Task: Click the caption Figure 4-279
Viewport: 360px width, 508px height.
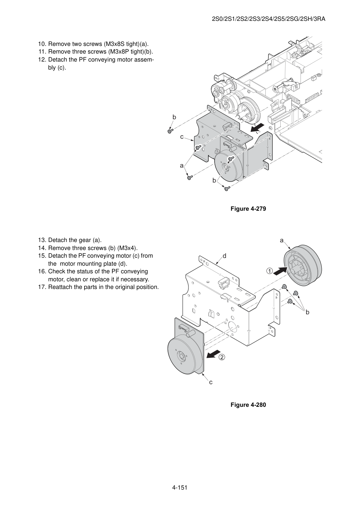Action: coord(248,209)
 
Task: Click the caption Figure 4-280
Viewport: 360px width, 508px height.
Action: coord(248,405)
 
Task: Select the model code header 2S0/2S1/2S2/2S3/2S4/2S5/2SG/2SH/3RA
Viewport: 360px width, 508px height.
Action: coord(269,19)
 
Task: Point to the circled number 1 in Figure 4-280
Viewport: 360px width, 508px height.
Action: coord(270,271)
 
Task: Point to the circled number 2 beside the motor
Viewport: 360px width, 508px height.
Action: coord(222,357)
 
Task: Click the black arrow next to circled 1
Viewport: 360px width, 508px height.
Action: coord(280,271)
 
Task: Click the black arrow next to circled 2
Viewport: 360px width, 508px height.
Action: coord(213,354)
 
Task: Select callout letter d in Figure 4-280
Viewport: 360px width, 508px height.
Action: coord(224,256)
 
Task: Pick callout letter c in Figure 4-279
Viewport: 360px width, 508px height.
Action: coord(182,137)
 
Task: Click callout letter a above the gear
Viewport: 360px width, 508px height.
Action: coord(282,240)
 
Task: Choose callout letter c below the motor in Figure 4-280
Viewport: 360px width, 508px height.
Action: coord(211,382)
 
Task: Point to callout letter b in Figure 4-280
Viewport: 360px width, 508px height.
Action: coord(307,312)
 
